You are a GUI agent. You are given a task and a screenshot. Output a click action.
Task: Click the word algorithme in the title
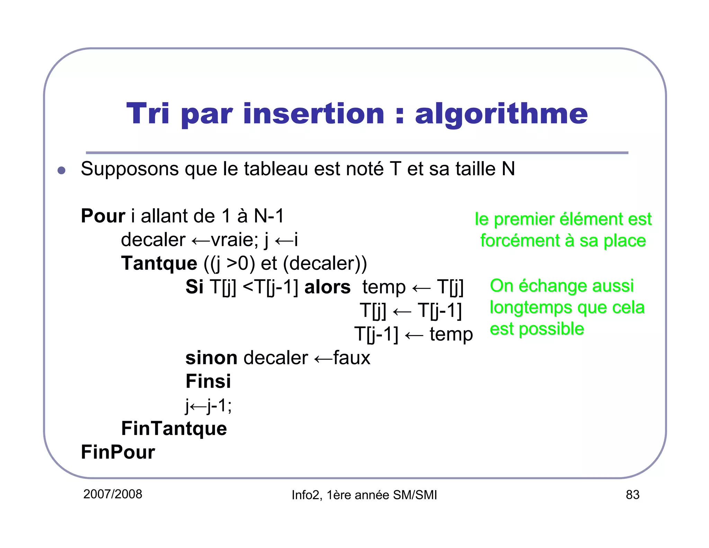[501, 114]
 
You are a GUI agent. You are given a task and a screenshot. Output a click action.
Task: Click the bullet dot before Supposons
[62, 170]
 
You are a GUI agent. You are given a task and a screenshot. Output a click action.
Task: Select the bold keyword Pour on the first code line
[102, 216]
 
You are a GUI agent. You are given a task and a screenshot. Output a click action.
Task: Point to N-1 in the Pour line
[269, 216]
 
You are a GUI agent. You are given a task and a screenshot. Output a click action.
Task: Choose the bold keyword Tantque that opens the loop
[159, 263]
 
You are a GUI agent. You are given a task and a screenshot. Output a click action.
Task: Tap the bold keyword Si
[194, 287]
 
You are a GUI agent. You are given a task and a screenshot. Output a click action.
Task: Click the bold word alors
[327, 287]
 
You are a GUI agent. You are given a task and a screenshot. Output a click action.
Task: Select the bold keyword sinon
[211, 358]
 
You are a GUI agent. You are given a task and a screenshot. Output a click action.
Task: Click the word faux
[352, 358]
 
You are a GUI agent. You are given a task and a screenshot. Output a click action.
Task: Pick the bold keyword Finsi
[208, 381]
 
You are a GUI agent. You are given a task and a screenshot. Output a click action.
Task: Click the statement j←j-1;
[208, 405]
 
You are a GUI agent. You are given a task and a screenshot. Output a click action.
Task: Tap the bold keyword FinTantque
[174, 428]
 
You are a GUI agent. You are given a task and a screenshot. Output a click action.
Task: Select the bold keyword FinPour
[118, 452]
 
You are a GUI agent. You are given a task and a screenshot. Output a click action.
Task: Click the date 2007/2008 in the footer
[113, 494]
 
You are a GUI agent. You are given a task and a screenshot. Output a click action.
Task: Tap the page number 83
[632, 495]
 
